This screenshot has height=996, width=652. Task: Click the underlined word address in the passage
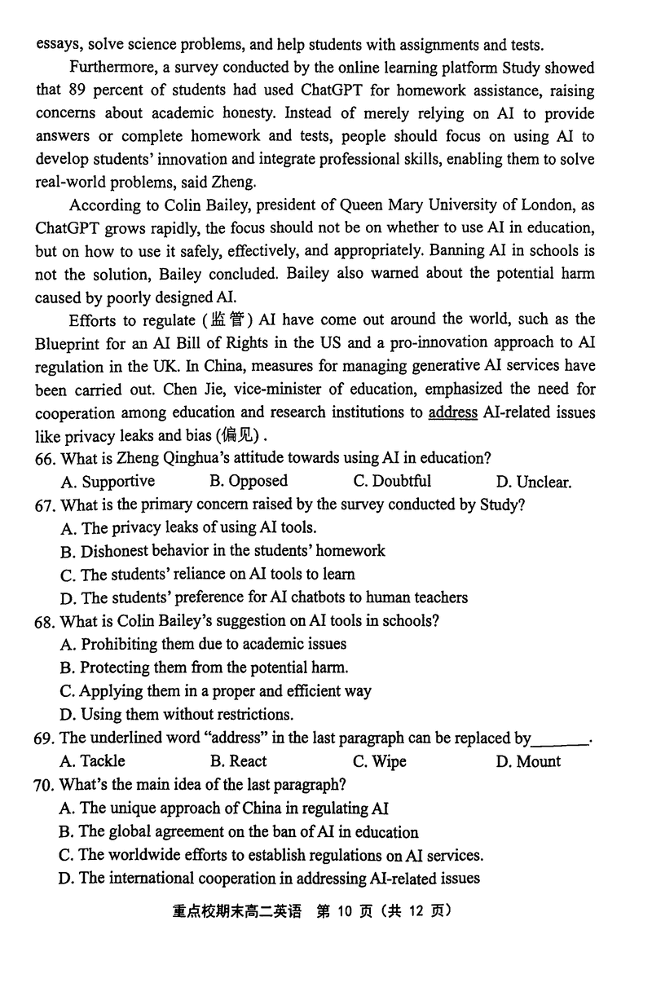click(452, 412)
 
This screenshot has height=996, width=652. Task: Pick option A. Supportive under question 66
click(108, 482)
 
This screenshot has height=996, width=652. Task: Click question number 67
click(45, 505)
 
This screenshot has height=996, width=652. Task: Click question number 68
click(45, 621)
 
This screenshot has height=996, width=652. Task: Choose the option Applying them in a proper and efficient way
click(216, 691)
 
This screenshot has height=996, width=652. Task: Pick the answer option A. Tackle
click(93, 761)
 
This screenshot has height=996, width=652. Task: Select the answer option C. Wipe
click(380, 761)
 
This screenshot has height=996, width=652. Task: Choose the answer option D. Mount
click(528, 761)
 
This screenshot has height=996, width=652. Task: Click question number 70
click(45, 786)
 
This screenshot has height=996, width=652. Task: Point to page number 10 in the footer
click(342, 910)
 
